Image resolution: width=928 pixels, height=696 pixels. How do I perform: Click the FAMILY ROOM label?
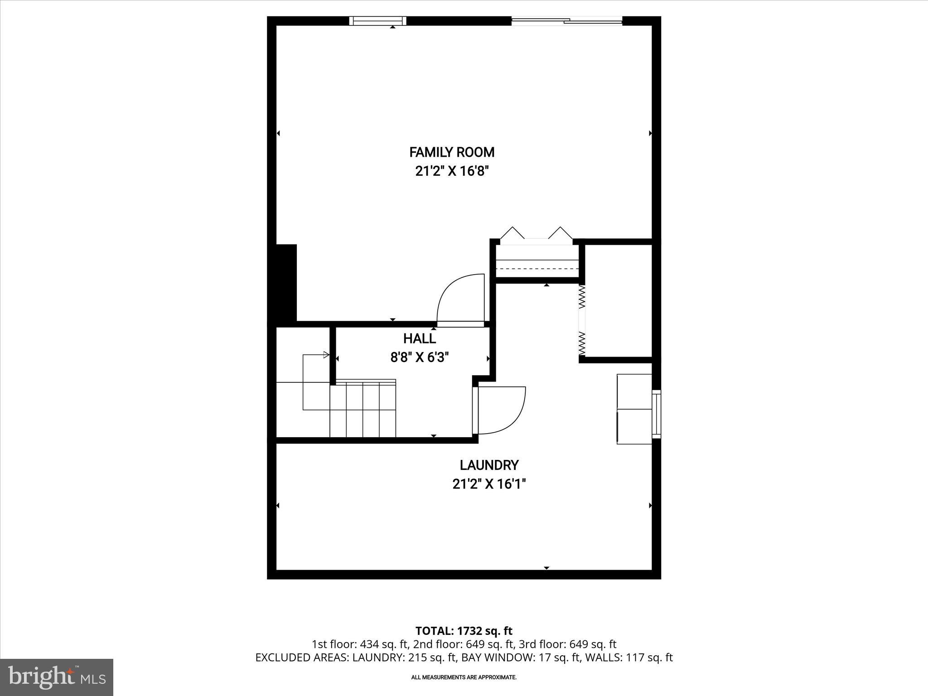(x=452, y=152)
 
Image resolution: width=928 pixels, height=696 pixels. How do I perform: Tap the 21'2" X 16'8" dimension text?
(x=452, y=172)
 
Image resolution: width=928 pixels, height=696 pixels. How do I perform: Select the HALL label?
(x=420, y=338)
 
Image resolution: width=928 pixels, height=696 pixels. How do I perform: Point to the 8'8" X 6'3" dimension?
(x=420, y=358)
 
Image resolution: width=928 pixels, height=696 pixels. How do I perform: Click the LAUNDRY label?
(x=489, y=465)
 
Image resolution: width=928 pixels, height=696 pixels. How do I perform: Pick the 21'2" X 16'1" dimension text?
(x=489, y=484)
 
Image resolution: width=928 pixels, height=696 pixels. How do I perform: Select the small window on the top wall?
(x=377, y=21)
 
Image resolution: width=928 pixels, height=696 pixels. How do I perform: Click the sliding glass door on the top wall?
(x=566, y=20)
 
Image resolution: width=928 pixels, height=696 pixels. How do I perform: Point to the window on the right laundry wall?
(x=656, y=414)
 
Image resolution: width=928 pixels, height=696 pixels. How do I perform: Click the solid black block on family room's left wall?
(x=286, y=283)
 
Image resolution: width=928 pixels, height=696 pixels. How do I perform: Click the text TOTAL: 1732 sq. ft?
(x=464, y=631)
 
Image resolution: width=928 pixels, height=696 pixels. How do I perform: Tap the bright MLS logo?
(x=57, y=677)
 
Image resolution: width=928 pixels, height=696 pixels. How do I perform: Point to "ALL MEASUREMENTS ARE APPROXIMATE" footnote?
(x=464, y=677)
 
